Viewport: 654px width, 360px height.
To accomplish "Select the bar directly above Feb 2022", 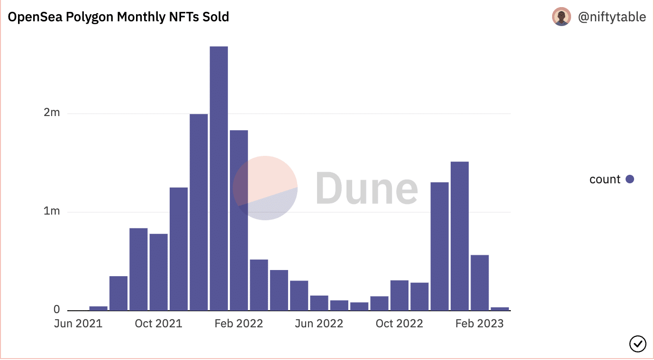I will click(x=239, y=220).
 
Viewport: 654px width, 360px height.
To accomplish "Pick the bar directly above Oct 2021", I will click(x=158, y=272).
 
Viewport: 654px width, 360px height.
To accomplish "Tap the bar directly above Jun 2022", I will click(x=319, y=303).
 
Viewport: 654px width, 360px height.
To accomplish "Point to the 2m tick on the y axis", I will click(x=52, y=113).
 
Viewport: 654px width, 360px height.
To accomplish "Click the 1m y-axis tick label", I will click(x=52, y=211).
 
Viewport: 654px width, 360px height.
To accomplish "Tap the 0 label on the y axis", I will click(x=56, y=309).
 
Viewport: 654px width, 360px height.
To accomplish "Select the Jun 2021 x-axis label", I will click(x=78, y=324).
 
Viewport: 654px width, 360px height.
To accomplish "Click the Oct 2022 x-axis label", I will click(x=399, y=324).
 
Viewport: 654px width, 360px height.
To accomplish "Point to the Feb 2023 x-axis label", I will click(x=479, y=324).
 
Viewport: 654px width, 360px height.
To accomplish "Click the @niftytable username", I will click(x=612, y=17).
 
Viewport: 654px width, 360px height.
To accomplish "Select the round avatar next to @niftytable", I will click(x=562, y=17).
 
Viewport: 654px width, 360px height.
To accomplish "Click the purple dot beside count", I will click(x=630, y=179).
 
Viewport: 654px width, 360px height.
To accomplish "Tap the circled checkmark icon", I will click(x=637, y=343).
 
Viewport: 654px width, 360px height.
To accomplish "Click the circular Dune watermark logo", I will click(x=265, y=188).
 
